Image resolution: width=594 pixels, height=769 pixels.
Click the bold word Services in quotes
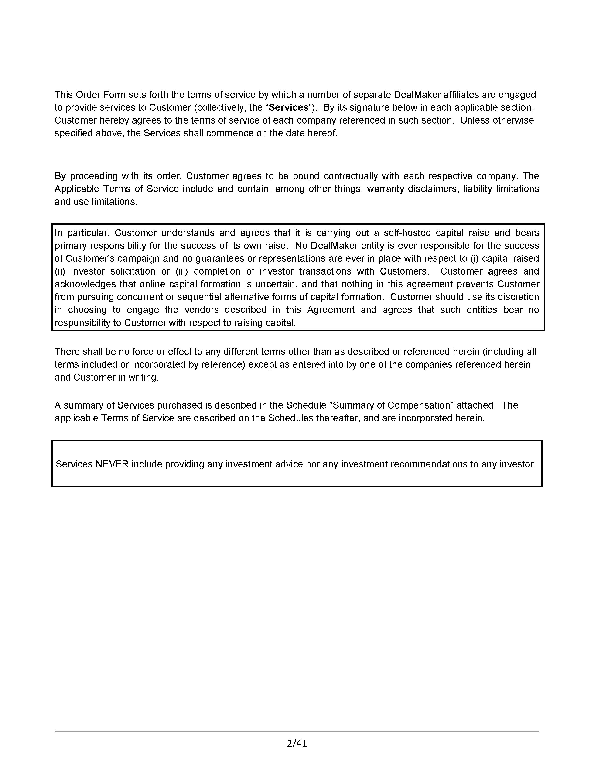pyautogui.click(x=289, y=107)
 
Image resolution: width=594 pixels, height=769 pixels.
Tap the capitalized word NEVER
pyautogui.click(x=112, y=464)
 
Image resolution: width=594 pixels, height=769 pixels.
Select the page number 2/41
pyautogui.click(x=297, y=743)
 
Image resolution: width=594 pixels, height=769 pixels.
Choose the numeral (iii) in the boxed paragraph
pyautogui.click(x=182, y=271)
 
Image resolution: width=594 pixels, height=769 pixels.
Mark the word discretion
pyautogui.click(x=518, y=297)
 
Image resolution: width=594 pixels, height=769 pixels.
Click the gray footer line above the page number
pyautogui.click(x=297, y=731)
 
